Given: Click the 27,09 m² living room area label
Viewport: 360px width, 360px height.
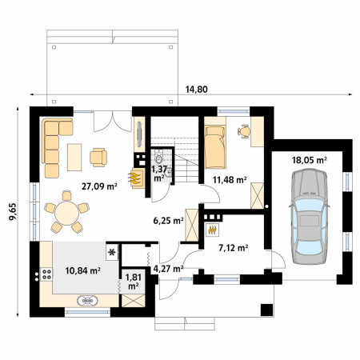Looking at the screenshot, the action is tap(99, 186).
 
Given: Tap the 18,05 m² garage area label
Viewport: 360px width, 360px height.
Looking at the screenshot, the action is tap(310, 160).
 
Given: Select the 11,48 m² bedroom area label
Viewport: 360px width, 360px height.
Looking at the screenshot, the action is tap(230, 180).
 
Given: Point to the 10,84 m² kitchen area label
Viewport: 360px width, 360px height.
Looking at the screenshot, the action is tap(82, 270).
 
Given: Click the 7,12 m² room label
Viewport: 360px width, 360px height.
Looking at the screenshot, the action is tap(234, 248).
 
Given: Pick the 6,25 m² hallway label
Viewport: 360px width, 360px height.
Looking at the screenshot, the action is tap(168, 221).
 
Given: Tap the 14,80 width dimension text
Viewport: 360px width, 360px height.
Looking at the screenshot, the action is tap(197, 90).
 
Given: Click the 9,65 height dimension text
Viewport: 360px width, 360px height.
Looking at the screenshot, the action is tap(13, 212).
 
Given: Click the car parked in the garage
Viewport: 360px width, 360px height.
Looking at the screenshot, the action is tap(310, 216).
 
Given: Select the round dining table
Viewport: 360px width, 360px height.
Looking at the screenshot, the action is tap(66, 214).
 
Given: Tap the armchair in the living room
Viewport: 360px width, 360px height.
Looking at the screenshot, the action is tap(98, 158).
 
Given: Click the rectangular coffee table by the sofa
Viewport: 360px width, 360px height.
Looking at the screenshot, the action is tap(74, 157).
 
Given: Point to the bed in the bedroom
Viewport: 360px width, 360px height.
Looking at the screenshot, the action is tap(215, 147).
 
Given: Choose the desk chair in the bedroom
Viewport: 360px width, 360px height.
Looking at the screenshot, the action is tap(244, 131).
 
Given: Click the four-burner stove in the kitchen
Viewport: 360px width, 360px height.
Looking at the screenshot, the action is tap(46, 274).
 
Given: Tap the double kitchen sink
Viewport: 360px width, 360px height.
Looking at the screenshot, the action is tap(87, 301).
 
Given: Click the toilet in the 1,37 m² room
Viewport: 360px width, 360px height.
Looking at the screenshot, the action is tap(159, 158).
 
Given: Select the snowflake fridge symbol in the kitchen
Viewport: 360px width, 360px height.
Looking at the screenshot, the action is tap(112, 252).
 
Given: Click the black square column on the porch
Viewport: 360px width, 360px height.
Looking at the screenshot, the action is tap(266, 310).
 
